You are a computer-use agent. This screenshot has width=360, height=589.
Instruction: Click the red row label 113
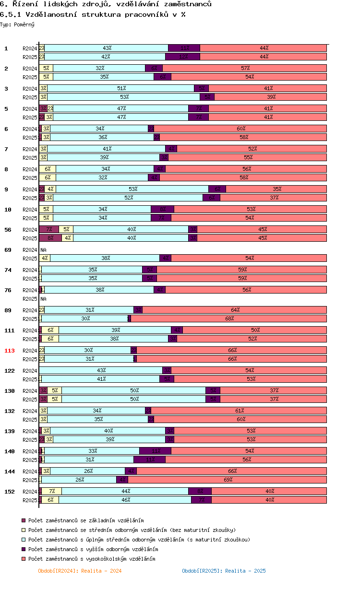(x=10, y=351)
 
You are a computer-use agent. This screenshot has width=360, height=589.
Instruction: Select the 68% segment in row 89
(x=229, y=318)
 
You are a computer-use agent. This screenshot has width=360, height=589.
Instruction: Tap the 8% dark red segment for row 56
(x=50, y=238)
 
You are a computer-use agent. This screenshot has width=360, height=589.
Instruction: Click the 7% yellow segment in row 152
(x=52, y=491)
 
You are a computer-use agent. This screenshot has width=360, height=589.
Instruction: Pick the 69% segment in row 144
(x=228, y=480)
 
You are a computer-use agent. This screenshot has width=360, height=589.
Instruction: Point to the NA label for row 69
(x=43, y=250)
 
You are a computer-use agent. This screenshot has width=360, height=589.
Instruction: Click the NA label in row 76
(x=43, y=299)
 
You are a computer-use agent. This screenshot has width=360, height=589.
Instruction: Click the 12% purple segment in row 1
(x=183, y=57)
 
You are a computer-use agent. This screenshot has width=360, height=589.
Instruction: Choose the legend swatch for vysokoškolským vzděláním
(x=23, y=559)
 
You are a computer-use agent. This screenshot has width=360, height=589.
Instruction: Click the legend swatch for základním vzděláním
(x=23, y=520)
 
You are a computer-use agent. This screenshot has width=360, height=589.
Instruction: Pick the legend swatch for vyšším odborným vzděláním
(x=23, y=549)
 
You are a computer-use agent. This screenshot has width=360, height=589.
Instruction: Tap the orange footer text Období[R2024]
(x=79, y=571)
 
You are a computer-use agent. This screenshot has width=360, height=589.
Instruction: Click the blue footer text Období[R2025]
(x=224, y=571)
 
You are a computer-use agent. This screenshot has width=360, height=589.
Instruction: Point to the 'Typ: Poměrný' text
(x=17, y=24)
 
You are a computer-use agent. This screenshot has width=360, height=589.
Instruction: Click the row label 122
(x=10, y=371)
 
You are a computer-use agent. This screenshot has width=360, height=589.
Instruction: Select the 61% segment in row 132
(x=239, y=411)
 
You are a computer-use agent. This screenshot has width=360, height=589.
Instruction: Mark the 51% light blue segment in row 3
(x=121, y=88)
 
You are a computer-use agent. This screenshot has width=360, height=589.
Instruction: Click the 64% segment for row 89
(x=235, y=310)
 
